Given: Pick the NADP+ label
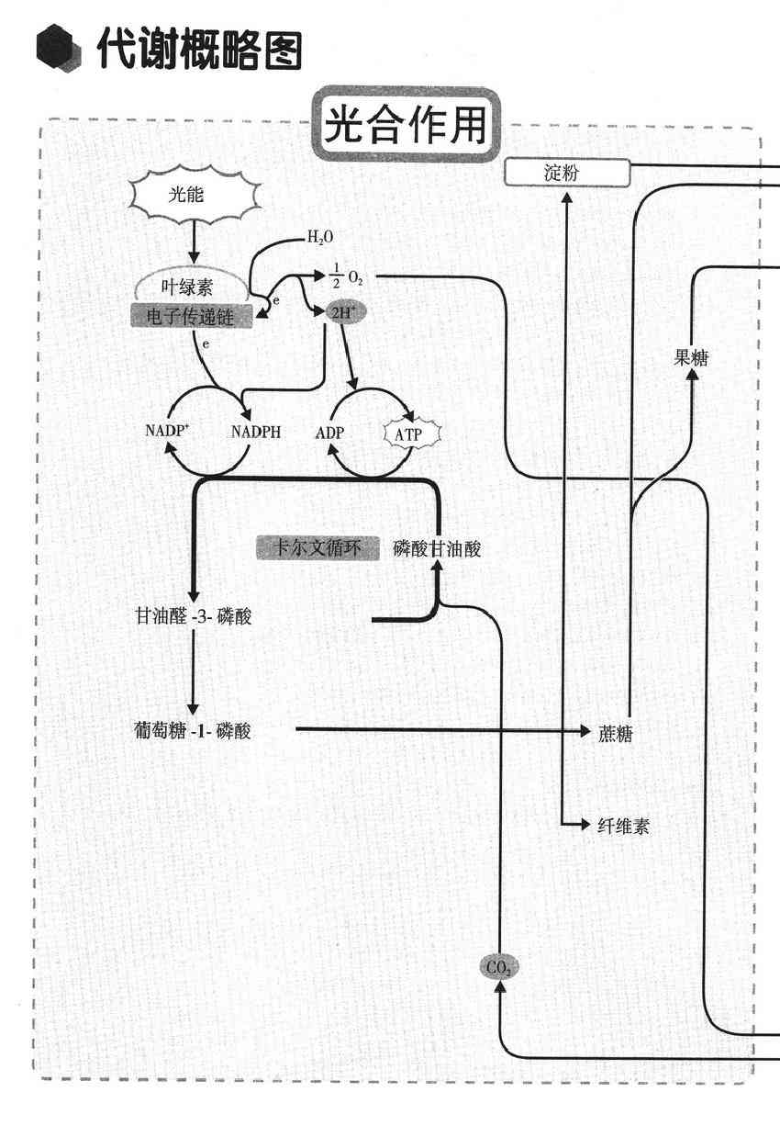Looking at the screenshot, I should tap(167, 430).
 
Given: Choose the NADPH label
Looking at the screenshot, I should tap(256, 432).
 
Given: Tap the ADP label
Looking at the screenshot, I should tap(329, 432).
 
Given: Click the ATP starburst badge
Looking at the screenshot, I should tap(411, 433).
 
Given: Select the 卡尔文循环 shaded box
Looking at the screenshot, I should tap(317, 548).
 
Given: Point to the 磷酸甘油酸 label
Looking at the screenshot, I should tap(437, 548).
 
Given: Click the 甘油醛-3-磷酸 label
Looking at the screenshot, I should tap(193, 616).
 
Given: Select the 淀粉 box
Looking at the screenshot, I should tap(567, 173).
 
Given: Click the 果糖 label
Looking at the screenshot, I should tap(691, 358).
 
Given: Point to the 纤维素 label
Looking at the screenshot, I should tap(623, 826).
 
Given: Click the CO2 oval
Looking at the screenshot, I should tap(499, 967).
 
